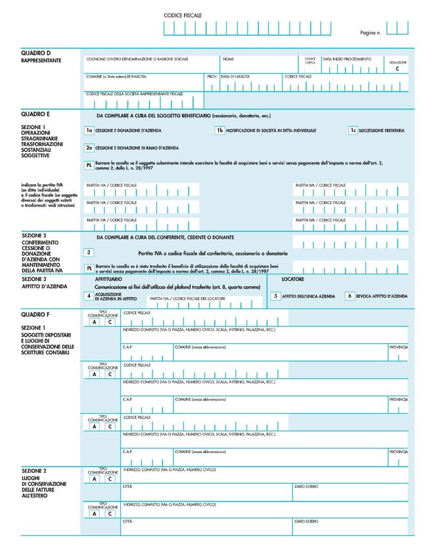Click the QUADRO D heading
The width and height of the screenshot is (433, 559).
(36, 53)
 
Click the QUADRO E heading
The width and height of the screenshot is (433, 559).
(36, 114)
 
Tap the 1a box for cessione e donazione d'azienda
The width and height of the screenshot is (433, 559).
(89, 131)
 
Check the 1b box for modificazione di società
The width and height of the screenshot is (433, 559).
(221, 130)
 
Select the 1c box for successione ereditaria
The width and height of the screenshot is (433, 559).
(353, 130)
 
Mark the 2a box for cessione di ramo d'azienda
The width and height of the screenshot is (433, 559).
(89, 148)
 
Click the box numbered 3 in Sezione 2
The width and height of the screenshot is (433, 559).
(89, 252)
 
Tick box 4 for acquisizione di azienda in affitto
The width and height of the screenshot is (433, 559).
(89, 297)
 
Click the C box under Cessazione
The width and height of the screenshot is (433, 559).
(398, 68)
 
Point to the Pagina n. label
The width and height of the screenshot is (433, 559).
(371, 32)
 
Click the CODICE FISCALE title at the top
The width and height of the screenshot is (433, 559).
(183, 14)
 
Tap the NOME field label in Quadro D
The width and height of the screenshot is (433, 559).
(228, 59)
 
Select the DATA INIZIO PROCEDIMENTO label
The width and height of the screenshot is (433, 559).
(346, 59)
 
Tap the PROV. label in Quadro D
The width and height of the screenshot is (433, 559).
(212, 77)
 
